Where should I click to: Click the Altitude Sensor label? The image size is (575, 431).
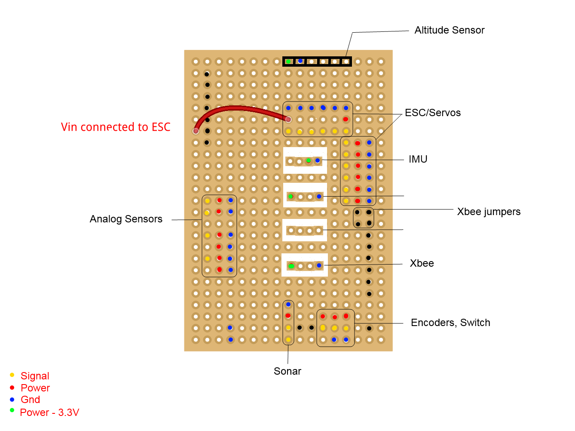pyautogui.click(x=449, y=30)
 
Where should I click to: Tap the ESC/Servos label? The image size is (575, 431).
pyautogui.click(x=432, y=113)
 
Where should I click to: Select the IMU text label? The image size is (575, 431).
pyautogui.click(x=418, y=159)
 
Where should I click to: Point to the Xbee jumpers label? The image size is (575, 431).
pyautogui.click(x=489, y=212)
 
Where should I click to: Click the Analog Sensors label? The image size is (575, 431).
pyautogui.click(x=126, y=219)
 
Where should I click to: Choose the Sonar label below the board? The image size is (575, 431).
pyautogui.click(x=287, y=371)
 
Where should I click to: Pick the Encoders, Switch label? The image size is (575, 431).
pyautogui.click(x=450, y=323)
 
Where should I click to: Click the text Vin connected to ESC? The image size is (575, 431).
pyautogui.click(x=116, y=127)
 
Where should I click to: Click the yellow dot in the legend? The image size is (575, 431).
pyautogui.click(x=12, y=375)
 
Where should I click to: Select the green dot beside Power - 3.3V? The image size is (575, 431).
pyautogui.click(x=12, y=410)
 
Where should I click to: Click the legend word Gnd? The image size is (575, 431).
pyautogui.click(x=30, y=400)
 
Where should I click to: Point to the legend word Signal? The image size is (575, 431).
pyautogui.click(x=35, y=376)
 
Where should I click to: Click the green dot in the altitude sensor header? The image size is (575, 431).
pyautogui.click(x=288, y=62)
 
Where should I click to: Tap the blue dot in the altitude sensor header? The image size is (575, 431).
pyautogui.click(x=300, y=61)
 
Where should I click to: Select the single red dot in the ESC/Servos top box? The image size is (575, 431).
pyautogui.click(x=346, y=119)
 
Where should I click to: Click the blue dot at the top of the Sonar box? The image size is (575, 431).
pyautogui.click(x=288, y=305)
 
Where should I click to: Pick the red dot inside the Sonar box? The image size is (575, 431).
pyautogui.click(x=288, y=316)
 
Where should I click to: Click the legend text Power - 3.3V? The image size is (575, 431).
pyautogui.click(x=49, y=413)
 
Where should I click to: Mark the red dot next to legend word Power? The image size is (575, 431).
pyautogui.click(x=12, y=388)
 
